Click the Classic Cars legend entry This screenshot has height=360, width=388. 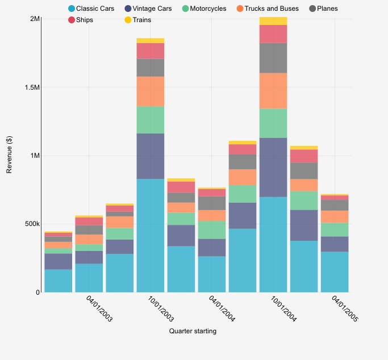[91, 9]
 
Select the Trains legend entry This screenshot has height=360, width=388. [138, 20]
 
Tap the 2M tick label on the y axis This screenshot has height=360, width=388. [34, 19]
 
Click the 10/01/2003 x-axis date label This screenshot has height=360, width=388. [161, 309]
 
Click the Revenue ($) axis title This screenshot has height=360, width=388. [9, 156]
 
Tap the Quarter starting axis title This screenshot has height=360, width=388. [193, 331]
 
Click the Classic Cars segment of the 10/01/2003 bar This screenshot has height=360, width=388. [151, 235]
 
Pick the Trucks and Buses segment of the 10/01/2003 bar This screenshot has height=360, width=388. [151, 91]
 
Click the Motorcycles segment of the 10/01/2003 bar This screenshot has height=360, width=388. [151, 120]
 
